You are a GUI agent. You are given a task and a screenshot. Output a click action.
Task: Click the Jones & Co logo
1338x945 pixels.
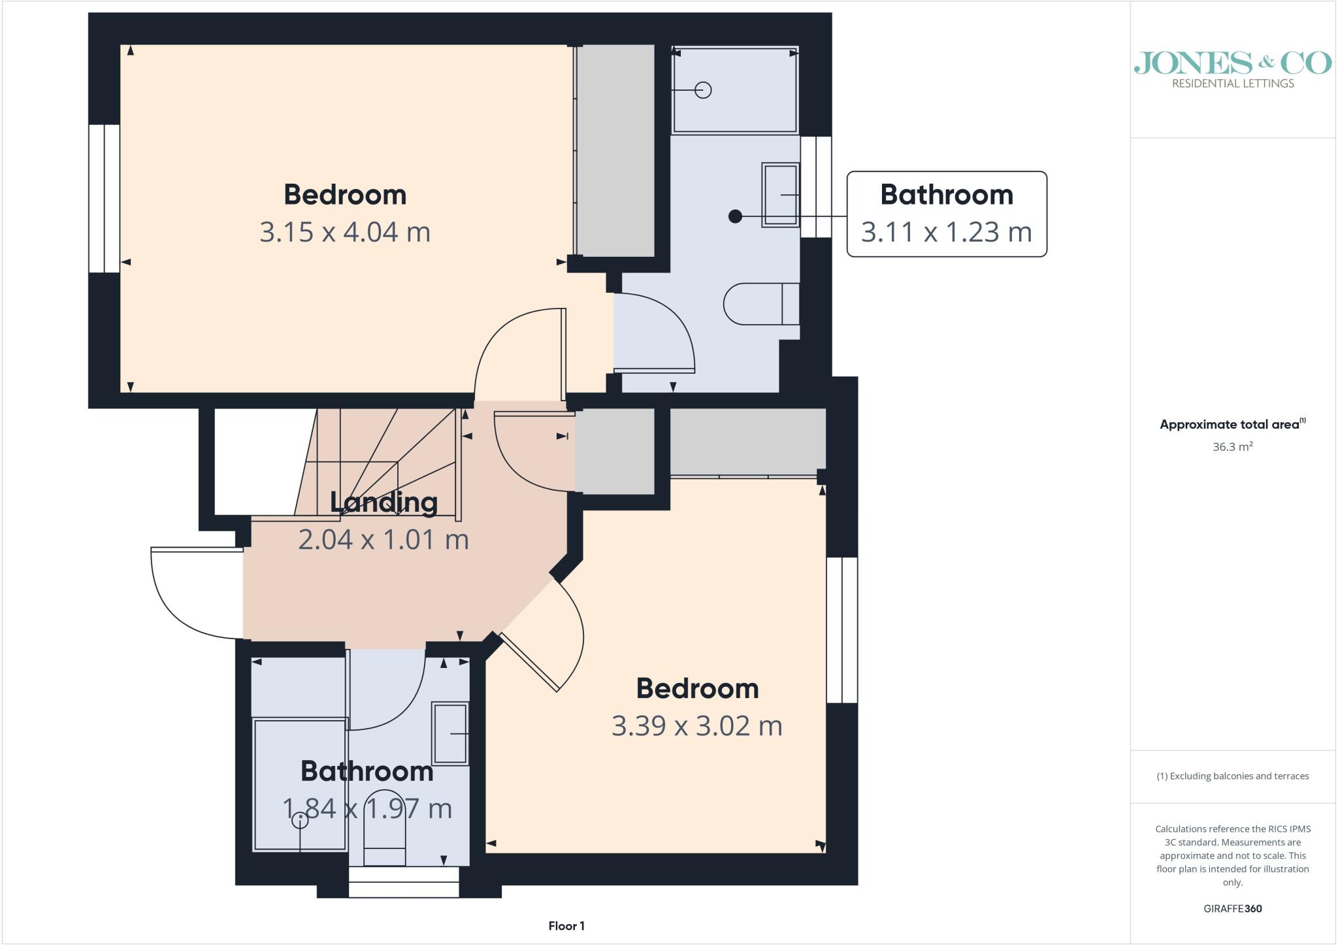tap(1233, 69)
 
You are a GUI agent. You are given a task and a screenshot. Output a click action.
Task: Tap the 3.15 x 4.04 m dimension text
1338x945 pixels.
tap(345, 232)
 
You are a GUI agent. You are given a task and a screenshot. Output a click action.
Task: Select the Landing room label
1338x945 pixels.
tap(383, 502)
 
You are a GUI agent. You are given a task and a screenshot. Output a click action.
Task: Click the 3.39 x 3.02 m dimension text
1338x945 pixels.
tap(697, 725)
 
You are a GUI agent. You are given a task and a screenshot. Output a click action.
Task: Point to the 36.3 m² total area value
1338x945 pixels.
tap(1233, 447)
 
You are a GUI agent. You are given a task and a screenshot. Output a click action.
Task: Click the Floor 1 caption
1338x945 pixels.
tap(566, 926)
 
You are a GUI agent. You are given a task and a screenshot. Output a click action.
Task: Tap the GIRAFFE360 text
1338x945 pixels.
tap(1233, 908)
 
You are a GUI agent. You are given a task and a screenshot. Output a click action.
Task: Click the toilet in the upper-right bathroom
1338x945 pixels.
tap(761, 304)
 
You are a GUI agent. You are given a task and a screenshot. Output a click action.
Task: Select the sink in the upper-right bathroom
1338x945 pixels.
tap(781, 195)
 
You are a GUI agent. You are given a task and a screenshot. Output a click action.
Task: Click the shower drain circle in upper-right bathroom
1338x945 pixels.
tap(703, 90)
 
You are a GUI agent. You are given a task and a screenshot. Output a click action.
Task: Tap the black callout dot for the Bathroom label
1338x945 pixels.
tap(735, 216)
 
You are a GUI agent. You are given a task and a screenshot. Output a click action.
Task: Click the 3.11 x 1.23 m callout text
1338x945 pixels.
tap(947, 232)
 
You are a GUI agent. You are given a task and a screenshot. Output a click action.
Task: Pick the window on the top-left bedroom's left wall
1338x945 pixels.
tap(105, 198)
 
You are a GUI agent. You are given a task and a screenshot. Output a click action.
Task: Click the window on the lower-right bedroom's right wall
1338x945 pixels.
tap(842, 630)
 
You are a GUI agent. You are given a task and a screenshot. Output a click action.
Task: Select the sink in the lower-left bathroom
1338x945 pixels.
tap(451, 733)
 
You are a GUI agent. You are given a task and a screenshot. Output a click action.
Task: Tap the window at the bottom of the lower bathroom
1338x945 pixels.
tap(404, 882)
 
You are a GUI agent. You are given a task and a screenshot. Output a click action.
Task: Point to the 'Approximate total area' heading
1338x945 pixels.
tap(1233, 424)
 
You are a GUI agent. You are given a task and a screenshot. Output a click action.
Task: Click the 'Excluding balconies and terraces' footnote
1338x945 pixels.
tap(1233, 776)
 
